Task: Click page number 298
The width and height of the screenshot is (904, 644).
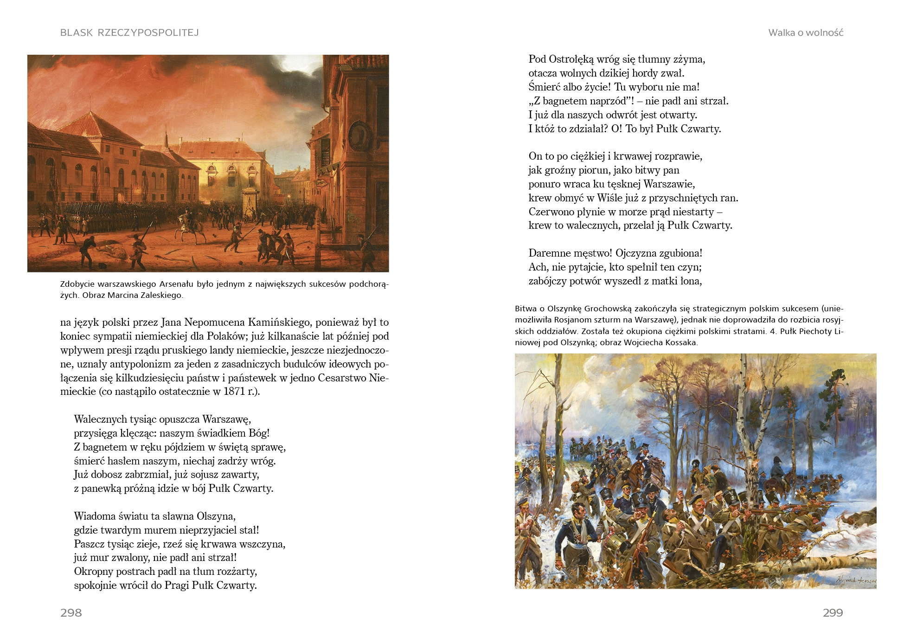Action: click(x=71, y=612)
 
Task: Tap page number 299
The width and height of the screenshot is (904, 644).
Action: click(x=833, y=612)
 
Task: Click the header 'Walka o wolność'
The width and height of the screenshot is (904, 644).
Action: click(x=805, y=32)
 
